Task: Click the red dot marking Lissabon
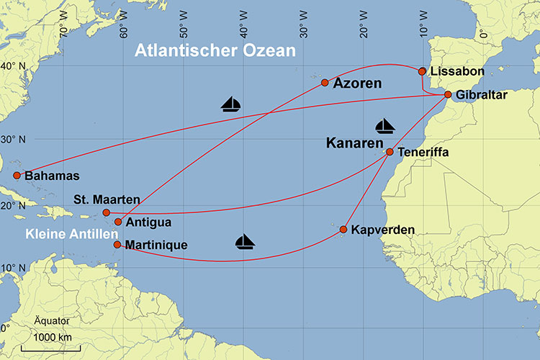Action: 423,71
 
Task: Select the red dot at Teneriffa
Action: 390,152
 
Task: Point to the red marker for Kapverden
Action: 343,230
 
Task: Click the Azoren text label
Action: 358,84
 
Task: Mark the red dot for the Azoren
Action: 325,82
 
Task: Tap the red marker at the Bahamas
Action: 17,175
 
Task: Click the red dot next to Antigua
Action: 118,222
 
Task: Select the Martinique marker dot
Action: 117,244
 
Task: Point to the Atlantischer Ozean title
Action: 215,51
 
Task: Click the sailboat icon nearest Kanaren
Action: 385,127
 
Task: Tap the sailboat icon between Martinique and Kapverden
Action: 246,241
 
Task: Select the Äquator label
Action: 51,320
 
